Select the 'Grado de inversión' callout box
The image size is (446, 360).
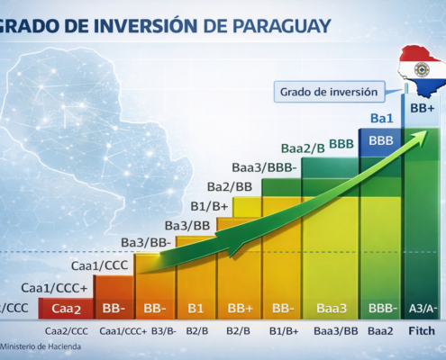(328, 91)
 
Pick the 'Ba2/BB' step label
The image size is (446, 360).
(230, 186)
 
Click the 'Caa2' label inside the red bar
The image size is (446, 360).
(68, 309)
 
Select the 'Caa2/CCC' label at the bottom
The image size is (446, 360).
(68, 330)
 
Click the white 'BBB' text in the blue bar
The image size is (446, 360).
(381, 141)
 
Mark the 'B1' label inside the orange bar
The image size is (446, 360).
(196, 308)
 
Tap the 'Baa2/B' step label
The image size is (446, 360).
(302, 147)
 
